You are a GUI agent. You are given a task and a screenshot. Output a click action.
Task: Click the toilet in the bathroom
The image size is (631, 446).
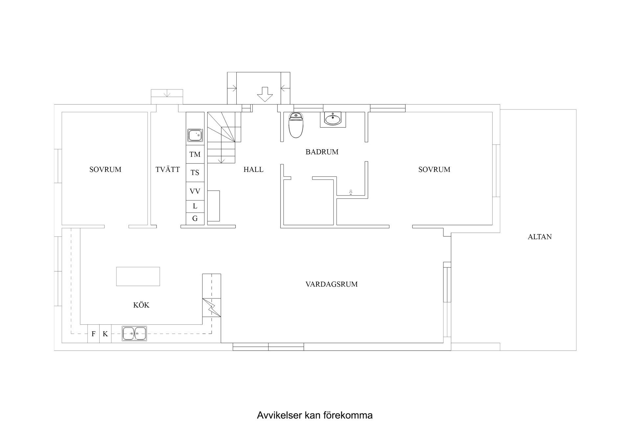click(x=295, y=125)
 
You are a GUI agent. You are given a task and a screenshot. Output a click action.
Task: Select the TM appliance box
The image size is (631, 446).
click(x=195, y=154)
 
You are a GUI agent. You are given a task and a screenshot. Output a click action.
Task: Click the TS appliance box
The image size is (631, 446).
click(x=195, y=173)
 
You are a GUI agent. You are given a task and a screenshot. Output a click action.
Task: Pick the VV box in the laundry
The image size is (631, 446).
click(x=195, y=191)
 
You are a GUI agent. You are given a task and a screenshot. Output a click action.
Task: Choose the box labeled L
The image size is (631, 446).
click(x=195, y=206)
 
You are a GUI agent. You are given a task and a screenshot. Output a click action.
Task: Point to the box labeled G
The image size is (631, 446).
click(x=195, y=219)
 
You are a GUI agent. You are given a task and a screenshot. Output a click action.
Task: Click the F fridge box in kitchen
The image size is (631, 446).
click(x=93, y=334)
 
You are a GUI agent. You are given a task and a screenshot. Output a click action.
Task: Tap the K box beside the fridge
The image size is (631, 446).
click(x=105, y=334)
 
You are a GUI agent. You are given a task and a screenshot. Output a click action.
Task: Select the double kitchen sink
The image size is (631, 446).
click(x=134, y=334)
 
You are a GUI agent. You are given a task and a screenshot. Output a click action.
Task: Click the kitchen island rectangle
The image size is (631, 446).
click(x=138, y=276)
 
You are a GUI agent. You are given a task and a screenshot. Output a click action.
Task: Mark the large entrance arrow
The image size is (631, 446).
click(x=265, y=94)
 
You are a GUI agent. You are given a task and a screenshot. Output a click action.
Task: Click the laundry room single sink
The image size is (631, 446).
click(x=195, y=135)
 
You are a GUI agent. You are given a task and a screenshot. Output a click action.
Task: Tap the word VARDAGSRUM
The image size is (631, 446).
click(x=331, y=284)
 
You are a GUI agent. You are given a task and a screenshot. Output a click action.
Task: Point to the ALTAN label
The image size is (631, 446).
click(x=539, y=237)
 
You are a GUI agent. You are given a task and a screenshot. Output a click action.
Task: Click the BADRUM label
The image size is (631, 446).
click(x=322, y=152)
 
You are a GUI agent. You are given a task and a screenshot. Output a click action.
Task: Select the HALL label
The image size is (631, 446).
click(x=253, y=170)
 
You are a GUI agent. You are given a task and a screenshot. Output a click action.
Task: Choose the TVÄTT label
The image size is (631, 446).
click(x=168, y=170)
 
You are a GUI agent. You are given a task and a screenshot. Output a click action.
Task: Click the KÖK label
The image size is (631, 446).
click(x=141, y=305)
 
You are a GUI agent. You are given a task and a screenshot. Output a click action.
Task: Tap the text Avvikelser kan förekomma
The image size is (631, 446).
click(x=315, y=415)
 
